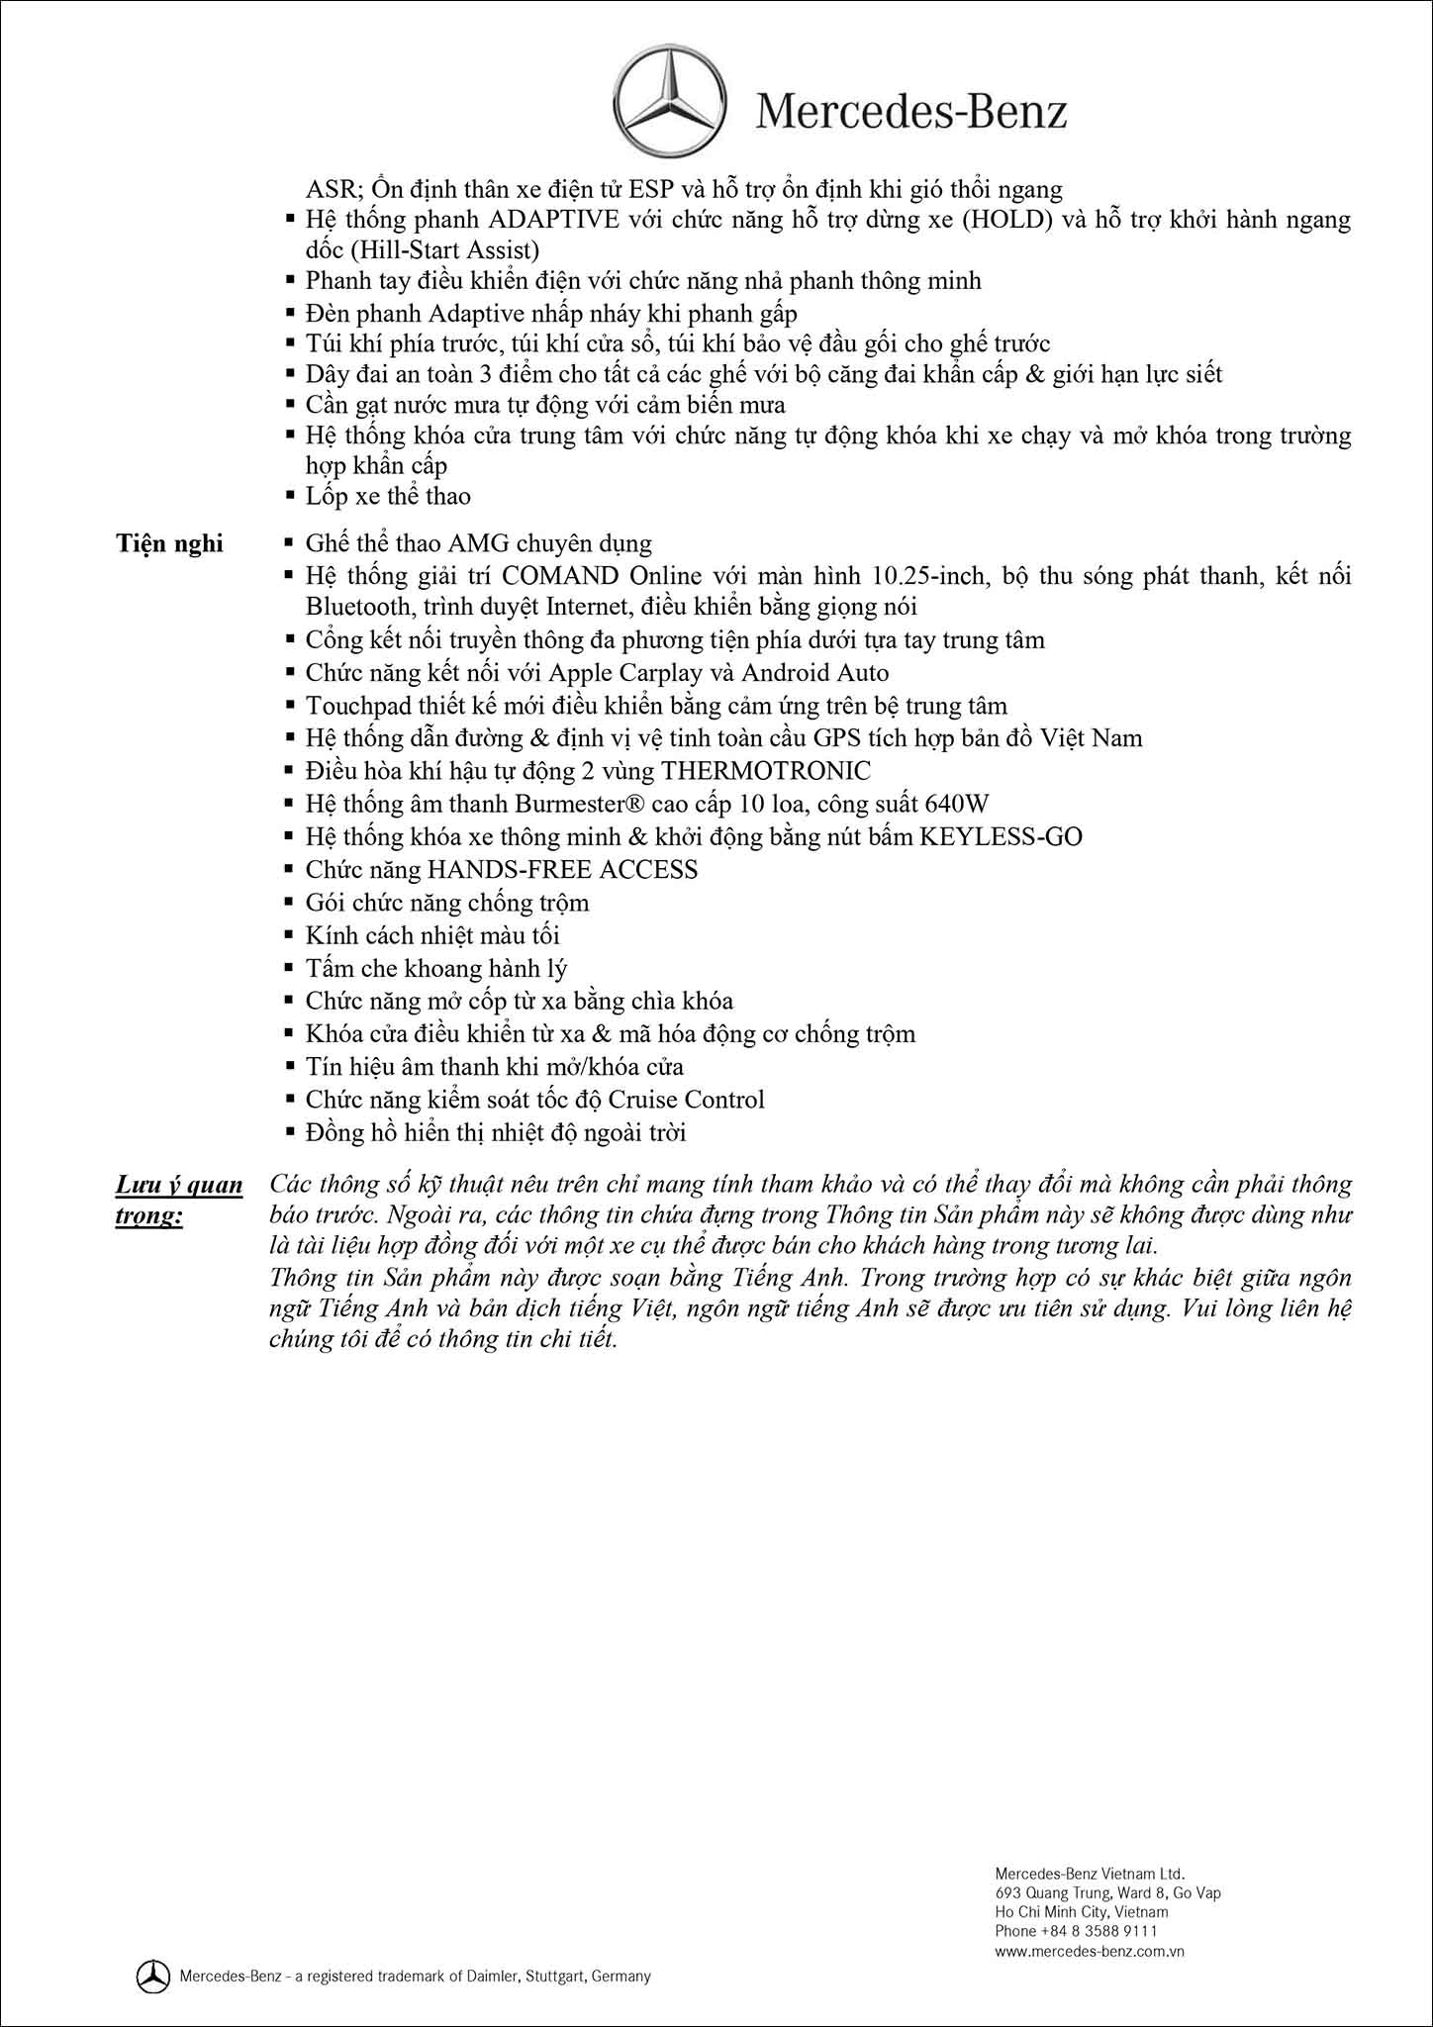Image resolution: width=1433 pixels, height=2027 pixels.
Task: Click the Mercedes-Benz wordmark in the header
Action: click(x=911, y=112)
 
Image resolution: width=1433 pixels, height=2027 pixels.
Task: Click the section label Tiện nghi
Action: click(x=170, y=543)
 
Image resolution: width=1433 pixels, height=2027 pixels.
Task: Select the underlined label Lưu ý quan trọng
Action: click(x=179, y=1201)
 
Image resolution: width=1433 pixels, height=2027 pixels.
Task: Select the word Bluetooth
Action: click(x=354, y=606)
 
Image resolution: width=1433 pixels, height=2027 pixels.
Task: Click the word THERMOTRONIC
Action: click(x=766, y=770)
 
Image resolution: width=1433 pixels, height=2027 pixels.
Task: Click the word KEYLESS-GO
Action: click(x=1001, y=836)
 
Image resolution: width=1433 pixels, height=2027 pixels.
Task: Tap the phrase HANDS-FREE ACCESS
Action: click(x=562, y=869)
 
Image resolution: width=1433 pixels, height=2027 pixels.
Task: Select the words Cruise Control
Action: click(x=687, y=1099)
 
